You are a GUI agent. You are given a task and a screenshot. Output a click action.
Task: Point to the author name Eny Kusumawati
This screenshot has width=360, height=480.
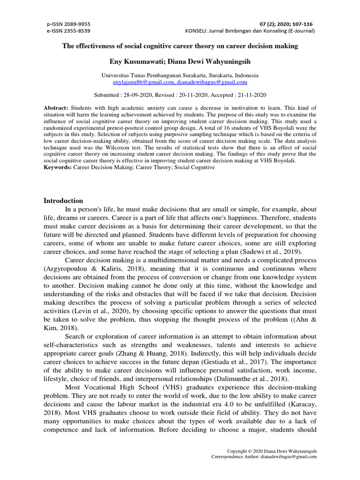click(139, 61)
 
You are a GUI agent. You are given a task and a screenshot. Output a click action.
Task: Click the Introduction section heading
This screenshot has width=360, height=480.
click(63, 201)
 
